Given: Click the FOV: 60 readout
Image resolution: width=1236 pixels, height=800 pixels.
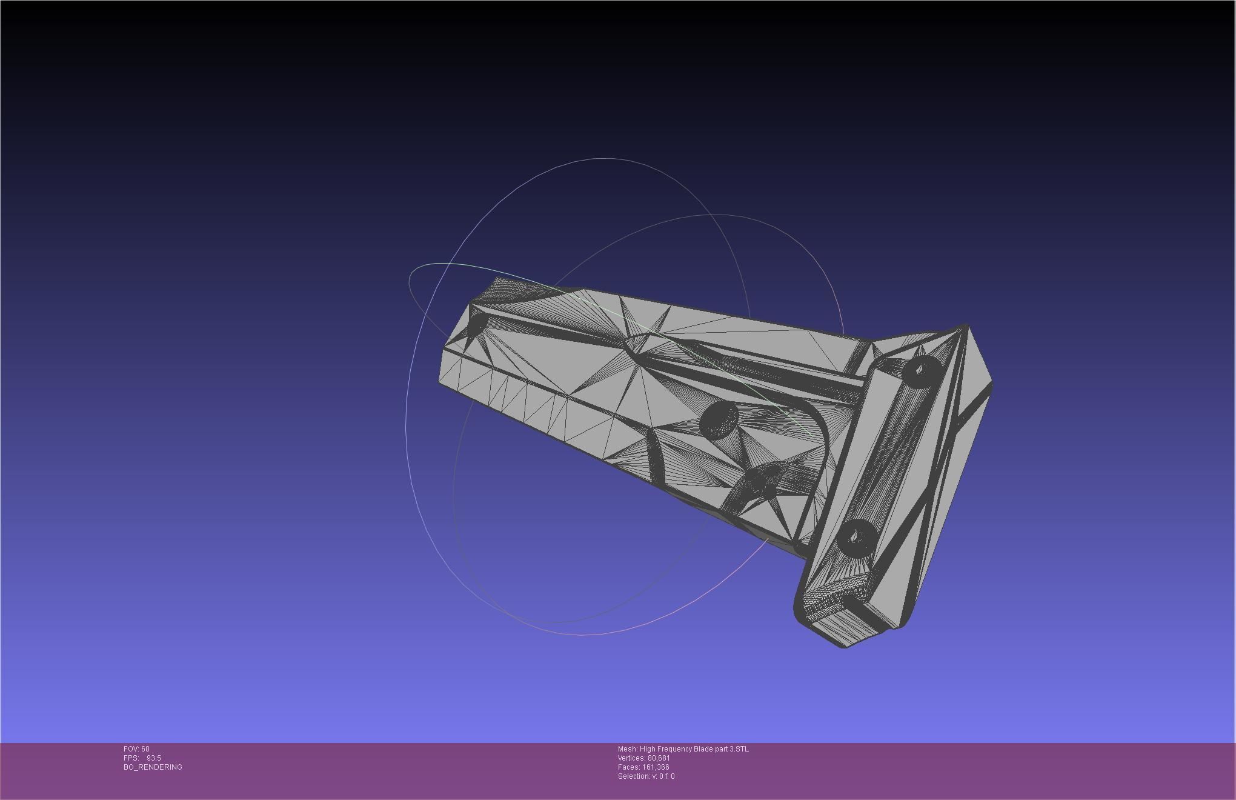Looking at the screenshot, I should coord(136,749).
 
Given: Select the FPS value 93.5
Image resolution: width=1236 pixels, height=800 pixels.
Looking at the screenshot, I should coord(153,758).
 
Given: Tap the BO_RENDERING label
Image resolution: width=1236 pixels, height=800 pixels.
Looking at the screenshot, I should coord(153,767).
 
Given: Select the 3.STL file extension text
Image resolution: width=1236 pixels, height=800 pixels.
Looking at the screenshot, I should coord(739,749).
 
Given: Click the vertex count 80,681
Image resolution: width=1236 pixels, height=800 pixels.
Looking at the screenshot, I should coord(659,758).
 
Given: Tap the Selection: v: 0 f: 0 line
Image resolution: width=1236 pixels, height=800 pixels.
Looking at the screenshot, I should coord(646,776).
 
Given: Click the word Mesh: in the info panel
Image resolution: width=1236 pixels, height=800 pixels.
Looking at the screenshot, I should coord(628,749).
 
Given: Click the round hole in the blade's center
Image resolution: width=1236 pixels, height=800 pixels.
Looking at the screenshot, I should coord(719,418).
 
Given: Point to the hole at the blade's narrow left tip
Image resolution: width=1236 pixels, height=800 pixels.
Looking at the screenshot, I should coord(477,324).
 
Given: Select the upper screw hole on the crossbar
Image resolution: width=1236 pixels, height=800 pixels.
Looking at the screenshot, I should coord(922,369).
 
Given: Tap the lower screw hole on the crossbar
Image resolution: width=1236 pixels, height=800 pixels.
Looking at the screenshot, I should coord(857,537).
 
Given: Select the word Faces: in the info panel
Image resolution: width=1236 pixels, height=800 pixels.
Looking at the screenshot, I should coord(628,767).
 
